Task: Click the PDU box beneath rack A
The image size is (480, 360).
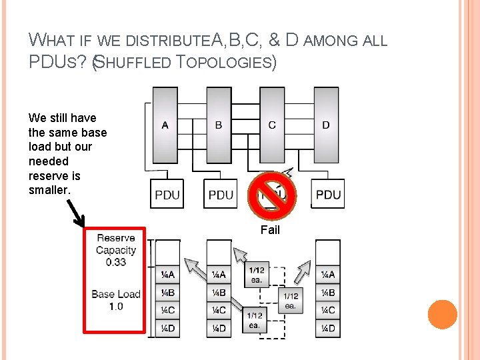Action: click(x=167, y=194)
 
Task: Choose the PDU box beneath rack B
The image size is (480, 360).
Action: click(x=221, y=194)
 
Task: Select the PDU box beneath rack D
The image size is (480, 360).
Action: click(x=328, y=194)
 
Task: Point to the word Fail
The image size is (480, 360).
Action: click(x=270, y=230)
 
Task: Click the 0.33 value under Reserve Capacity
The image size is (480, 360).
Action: click(x=115, y=262)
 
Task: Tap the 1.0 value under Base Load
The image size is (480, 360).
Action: click(x=115, y=306)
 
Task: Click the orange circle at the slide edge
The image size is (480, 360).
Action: click(x=443, y=314)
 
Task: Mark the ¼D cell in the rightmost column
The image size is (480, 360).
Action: click(x=328, y=327)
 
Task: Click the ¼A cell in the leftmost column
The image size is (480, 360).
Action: click(x=167, y=274)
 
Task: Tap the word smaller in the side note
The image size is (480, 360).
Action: click(x=49, y=190)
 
